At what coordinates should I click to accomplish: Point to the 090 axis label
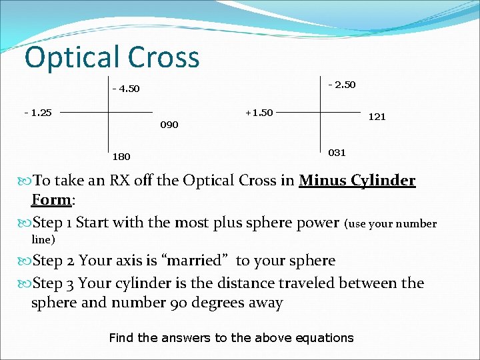coord(169,125)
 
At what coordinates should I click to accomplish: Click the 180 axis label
coord(121,157)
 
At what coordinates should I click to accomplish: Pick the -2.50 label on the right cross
coord(342,85)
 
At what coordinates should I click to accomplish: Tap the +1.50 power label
coord(259,112)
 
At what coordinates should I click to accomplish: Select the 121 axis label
coord(377,117)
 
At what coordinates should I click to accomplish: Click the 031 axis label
coord(337,153)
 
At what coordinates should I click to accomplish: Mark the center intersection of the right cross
coord(321,113)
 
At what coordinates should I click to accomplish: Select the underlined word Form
coord(51,200)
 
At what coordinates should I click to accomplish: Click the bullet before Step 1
coord(26,223)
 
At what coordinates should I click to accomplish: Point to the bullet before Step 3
coord(26,283)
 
